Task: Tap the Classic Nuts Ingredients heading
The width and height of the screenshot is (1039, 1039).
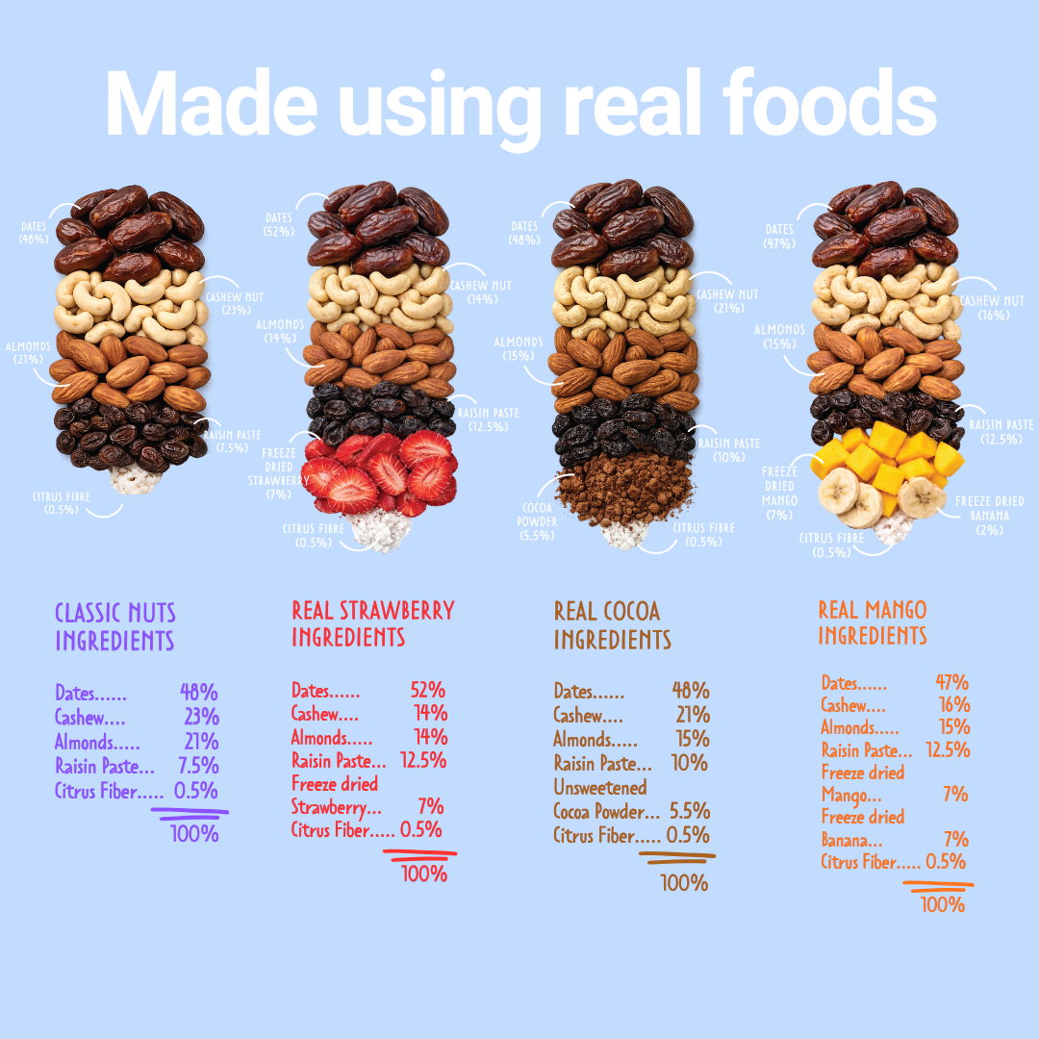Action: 115,627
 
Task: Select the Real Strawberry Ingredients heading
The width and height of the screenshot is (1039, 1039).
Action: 372,623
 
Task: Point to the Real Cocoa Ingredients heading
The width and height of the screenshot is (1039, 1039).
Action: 612,625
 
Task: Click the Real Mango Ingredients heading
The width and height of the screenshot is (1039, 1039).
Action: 873,622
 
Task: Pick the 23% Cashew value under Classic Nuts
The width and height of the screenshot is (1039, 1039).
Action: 201,717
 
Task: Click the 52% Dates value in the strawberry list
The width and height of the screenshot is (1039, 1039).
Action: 427,690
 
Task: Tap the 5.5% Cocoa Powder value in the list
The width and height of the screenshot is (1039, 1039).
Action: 690,811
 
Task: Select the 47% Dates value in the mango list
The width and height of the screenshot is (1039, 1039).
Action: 951,683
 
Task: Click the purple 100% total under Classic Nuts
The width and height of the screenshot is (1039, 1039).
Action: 194,833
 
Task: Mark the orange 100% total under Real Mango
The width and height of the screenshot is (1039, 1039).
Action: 943,904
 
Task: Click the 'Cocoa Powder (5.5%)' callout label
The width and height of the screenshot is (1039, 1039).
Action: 536,520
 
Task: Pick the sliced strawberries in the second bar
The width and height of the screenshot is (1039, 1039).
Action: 380,471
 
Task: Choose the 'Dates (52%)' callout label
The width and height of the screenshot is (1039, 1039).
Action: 279,224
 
